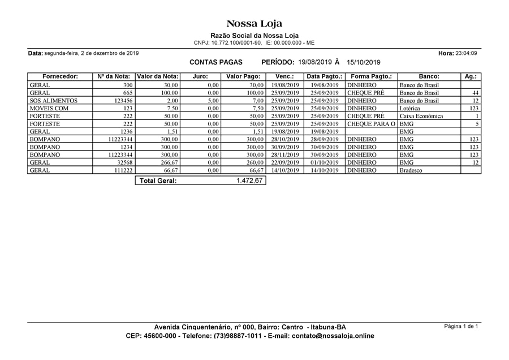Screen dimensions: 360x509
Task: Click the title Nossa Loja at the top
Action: pos(254,24)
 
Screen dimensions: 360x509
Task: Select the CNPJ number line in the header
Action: pos(254,43)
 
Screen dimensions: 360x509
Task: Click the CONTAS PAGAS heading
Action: pos(215,62)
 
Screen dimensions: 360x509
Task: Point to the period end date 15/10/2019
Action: pos(364,62)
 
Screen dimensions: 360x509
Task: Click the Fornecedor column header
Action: pos(60,76)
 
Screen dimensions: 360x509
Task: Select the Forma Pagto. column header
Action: pos(371,76)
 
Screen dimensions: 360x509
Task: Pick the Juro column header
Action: pos(200,76)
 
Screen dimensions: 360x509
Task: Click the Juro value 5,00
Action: pos(213,101)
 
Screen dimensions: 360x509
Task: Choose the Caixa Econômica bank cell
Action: pos(421,116)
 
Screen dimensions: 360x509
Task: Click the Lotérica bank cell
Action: pos(411,108)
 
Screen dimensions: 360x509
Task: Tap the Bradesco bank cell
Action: pos(411,170)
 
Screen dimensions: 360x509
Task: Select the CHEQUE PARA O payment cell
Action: pos(371,124)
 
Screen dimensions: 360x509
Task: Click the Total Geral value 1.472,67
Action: pos(249,181)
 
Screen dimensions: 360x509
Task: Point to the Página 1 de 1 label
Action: pos(461,327)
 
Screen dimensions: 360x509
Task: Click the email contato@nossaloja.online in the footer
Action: pos(333,336)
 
